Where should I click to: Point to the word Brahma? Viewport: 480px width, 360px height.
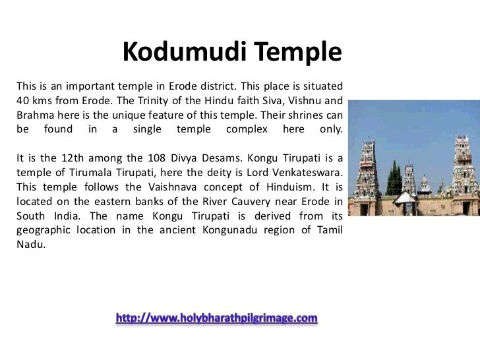click(32, 115)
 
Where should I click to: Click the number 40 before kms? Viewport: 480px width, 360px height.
click(21, 102)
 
